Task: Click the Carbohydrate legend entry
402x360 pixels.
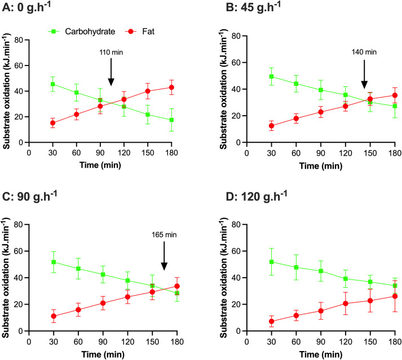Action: click(x=82, y=32)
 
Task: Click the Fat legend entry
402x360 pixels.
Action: click(x=140, y=32)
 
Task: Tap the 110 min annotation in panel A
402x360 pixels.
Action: click(x=111, y=52)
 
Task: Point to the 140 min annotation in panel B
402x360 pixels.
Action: click(x=364, y=52)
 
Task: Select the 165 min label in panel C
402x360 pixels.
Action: click(x=164, y=235)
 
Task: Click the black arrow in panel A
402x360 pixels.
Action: click(x=111, y=72)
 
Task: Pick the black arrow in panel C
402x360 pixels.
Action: click(x=164, y=256)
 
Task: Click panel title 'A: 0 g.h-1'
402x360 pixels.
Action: click(x=26, y=7)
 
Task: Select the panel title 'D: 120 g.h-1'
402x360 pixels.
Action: click(x=257, y=196)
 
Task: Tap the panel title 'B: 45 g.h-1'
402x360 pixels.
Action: click(x=253, y=7)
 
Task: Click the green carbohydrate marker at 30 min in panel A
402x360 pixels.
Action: click(x=53, y=84)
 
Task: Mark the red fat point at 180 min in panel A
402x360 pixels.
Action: click(x=171, y=87)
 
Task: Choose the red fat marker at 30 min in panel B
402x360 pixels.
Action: click(x=271, y=126)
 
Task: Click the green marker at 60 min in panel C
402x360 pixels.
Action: click(x=78, y=269)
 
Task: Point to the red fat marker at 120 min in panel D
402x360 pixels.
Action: click(x=346, y=304)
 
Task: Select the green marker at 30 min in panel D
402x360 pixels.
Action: click(x=271, y=262)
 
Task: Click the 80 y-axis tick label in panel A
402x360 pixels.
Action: click(x=19, y=40)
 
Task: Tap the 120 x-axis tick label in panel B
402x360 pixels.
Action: click(x=346, y=153)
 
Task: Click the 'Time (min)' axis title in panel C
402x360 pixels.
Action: click(x=103, y=354)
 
